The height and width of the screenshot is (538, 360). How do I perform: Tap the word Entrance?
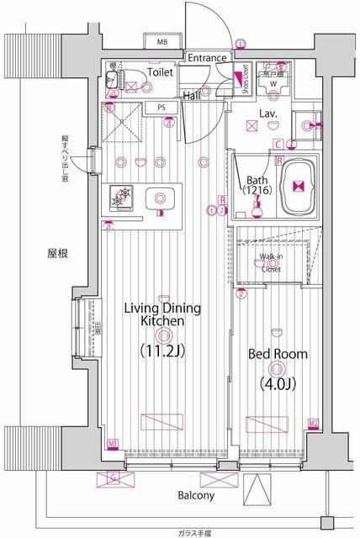(x=207, y=58)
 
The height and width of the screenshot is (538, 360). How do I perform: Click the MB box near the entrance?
(x=161, y=42)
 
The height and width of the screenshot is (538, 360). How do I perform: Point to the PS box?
(x=160, y=108)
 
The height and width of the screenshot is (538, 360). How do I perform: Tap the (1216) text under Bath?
(x=257, y=191)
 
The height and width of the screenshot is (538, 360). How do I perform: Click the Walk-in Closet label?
(x=270, y=262)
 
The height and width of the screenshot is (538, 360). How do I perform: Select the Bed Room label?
(x=277, y=355)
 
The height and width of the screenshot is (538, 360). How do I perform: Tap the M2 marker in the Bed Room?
(x=313, y=423)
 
